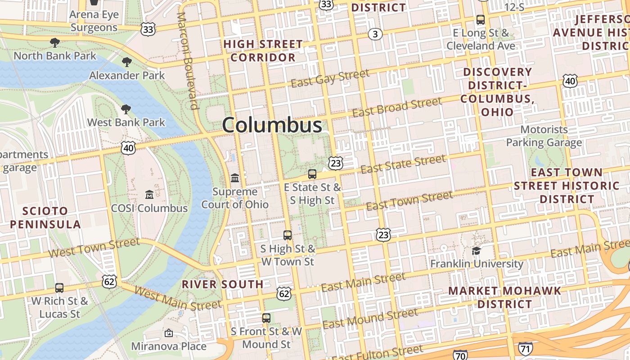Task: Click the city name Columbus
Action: tap(272, 125)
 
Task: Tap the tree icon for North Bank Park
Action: tap(55, 43)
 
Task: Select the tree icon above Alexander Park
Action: tap(127, 62)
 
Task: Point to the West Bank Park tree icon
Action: tap(126, 109)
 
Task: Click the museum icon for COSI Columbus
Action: tap(149, 194)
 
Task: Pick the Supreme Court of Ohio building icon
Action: tap(235, 178)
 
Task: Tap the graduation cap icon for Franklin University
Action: tap(476, 250)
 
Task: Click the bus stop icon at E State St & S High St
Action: tap(312, 174)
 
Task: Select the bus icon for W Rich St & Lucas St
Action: tap(59, 288)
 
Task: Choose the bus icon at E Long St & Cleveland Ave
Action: tap(481, 20)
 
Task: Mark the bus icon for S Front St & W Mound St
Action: tap(266, 318)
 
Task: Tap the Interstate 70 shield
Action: tap(460, 355)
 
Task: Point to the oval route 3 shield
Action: tap(375, 34)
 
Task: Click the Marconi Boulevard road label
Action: tap(188, 61)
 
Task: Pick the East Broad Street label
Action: tap(397, 107)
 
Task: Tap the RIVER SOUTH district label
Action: tap(222, 284)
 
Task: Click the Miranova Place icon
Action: tap(169, 333)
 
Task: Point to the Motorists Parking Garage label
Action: tap(544, 136)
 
